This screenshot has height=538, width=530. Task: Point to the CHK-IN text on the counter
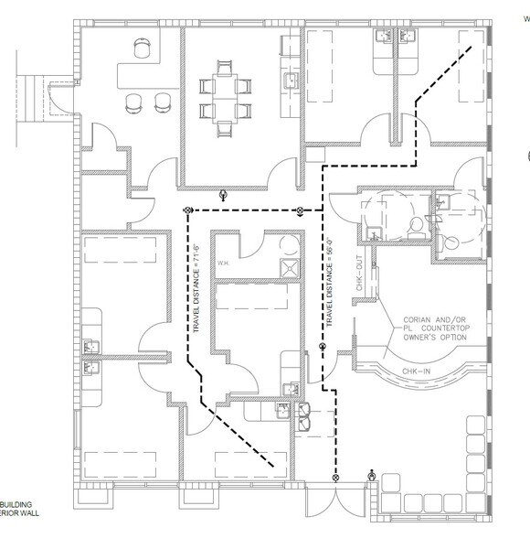click(x=415, y=371)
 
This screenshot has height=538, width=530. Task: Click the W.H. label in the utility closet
click(x=223, y=265)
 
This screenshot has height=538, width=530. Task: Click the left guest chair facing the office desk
click(x=134, y=101)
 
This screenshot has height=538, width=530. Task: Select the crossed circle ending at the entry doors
click(x=335, y=476)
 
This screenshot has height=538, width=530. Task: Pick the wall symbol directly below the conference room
click(x=224, y=194)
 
